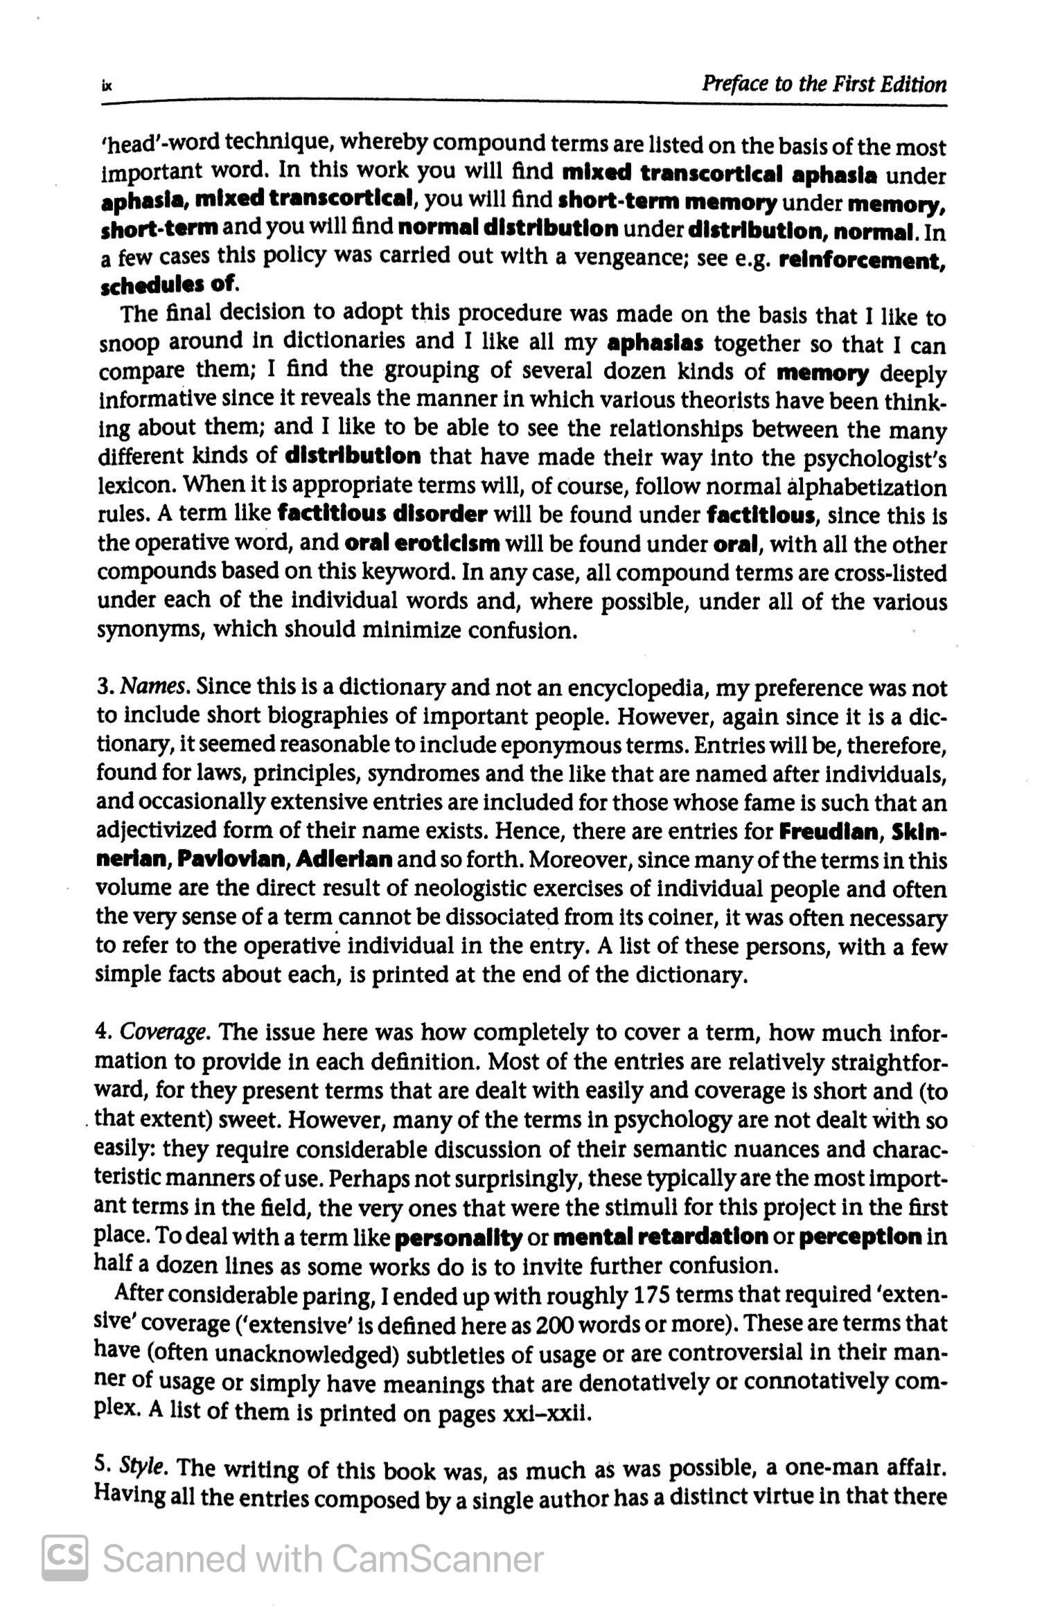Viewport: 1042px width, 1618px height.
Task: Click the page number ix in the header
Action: click(106, 87)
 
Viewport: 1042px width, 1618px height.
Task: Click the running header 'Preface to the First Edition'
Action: click(824, 85)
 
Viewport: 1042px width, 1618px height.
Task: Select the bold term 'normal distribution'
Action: click(509, 228)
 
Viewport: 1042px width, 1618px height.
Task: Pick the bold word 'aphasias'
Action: click(655, 344)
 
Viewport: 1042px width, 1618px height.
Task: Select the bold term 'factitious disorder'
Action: click(382, 515)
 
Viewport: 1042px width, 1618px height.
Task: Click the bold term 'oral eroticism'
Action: click(421, 543)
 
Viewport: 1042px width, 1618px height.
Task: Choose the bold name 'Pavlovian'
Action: click(232, 860)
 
